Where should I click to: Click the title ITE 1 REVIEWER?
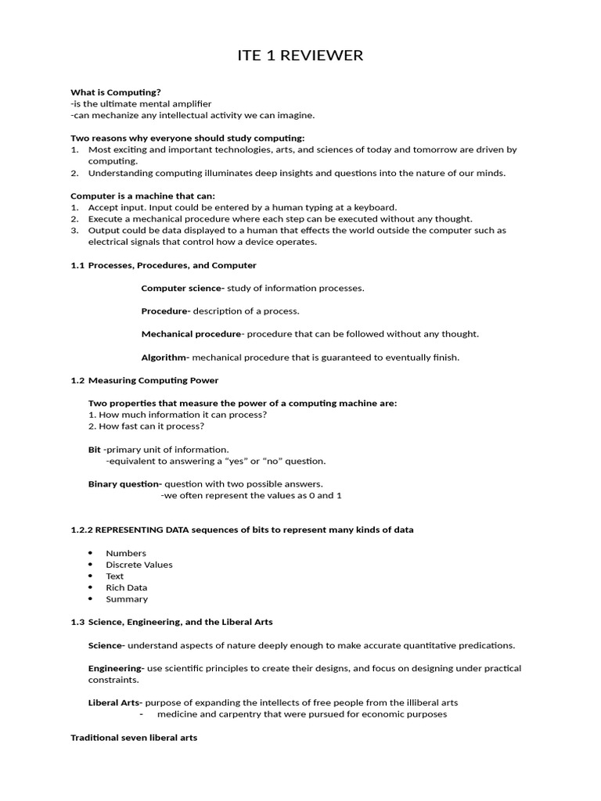click(300, 56)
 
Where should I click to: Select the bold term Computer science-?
click(182, 288)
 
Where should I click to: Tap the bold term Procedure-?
click(166, 311)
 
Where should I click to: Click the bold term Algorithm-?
click(165, 357)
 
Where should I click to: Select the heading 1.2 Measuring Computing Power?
click(145, 380)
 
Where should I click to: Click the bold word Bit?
click(95, 450)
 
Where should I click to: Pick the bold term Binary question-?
click(124, 484)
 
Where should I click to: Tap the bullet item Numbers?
click(126, 553)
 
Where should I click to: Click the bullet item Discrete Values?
click(139, 565)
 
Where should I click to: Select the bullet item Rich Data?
click(127, 587)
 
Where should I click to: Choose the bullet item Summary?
click(127, 599)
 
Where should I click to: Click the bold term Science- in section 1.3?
click(106, 645)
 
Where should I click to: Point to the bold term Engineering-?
click(116, 669)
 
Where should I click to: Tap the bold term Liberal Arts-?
click(115, 702)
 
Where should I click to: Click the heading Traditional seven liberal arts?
click(134, 738)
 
